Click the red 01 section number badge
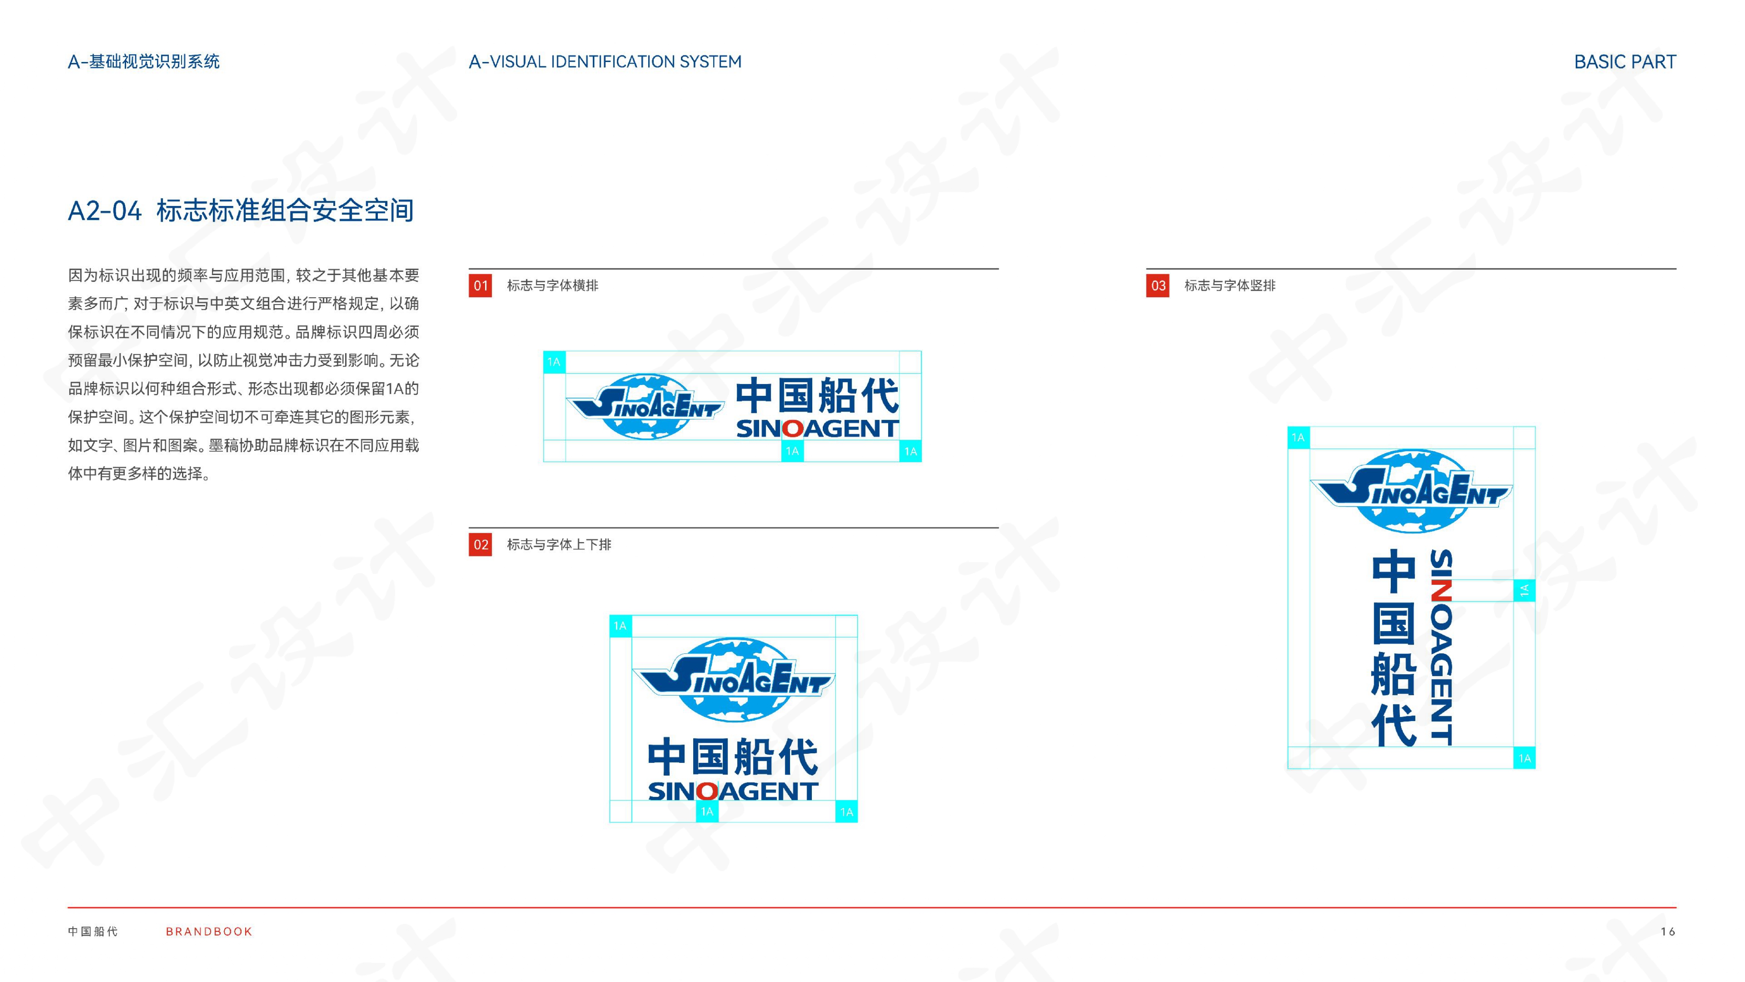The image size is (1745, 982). (480, 285)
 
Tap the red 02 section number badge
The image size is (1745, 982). (480, 544)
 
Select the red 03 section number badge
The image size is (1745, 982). (1158, 285)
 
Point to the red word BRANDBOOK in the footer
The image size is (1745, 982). (209, 932)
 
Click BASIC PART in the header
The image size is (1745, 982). (1625, 62)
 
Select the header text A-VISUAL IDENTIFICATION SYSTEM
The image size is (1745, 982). (605, 62)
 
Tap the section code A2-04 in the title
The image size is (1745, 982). (104, 211)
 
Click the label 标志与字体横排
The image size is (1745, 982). (552, 285)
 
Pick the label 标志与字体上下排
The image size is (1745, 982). (559, 544)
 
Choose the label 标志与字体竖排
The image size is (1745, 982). (1229, 285)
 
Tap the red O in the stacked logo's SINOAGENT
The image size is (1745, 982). (707, 791)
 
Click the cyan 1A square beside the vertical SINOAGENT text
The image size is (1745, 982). (1524, 590)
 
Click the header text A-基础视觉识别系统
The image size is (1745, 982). (144, 62)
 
